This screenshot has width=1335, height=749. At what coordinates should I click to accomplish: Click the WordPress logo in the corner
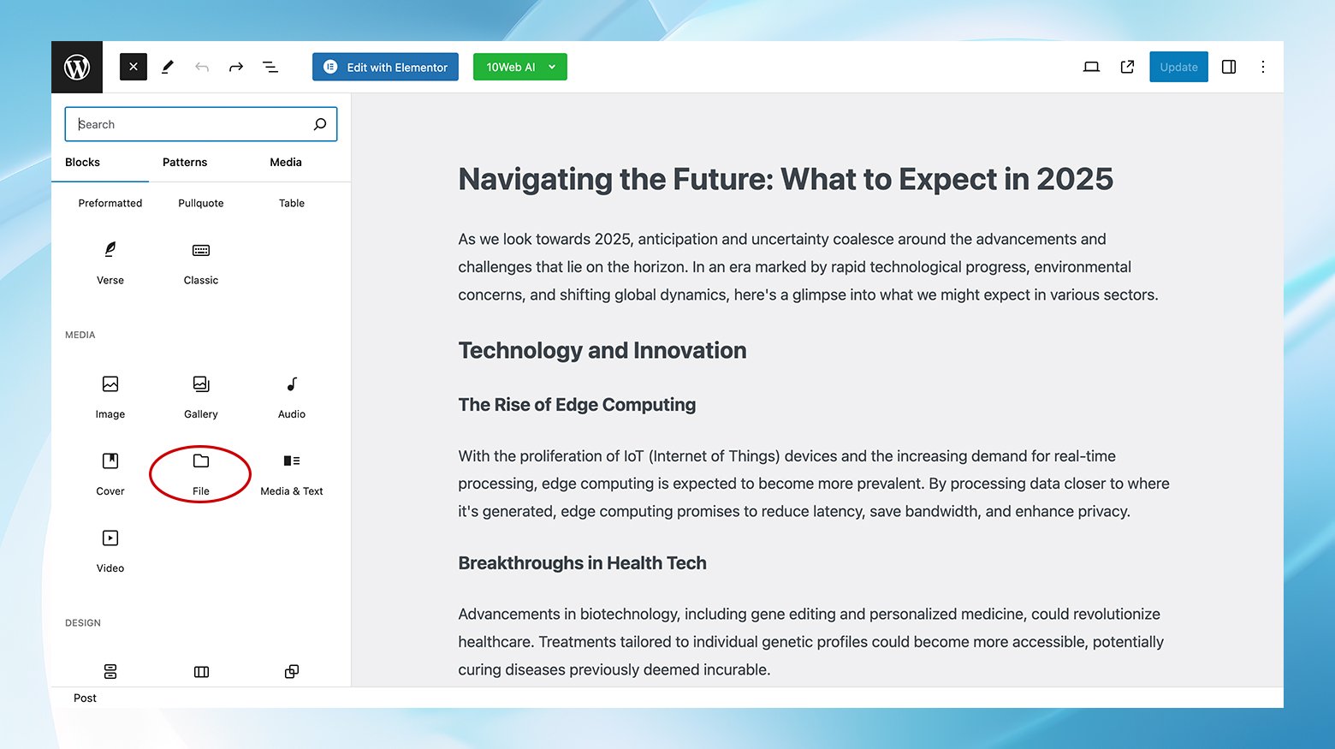(77, 67)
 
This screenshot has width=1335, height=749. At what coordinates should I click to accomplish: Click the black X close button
(133, 67)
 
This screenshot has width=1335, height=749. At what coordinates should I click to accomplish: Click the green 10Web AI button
(519, 67)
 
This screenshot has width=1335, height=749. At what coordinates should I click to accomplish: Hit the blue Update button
(1178, 67)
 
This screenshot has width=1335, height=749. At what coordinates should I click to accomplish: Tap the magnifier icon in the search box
(320, 124)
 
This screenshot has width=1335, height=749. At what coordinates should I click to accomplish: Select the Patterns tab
(185, 162)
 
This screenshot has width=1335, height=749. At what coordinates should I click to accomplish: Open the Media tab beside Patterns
(286, 162)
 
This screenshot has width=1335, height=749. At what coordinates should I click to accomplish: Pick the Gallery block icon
(201, 384)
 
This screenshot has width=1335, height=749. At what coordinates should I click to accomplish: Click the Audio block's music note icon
(292, 384)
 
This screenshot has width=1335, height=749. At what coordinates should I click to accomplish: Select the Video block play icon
(110, 538)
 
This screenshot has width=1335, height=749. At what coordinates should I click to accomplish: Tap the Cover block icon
(110, 461)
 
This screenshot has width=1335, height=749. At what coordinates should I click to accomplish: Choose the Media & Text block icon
(292, 461)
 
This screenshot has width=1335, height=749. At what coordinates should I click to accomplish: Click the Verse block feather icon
(110, 249)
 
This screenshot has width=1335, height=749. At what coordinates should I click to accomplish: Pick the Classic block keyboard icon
(201, 251)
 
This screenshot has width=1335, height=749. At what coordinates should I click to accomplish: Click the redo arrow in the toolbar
(236, 67)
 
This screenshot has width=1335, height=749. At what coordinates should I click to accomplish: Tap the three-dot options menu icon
(1263, 67)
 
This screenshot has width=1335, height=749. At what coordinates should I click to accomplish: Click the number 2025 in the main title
(1075, 179)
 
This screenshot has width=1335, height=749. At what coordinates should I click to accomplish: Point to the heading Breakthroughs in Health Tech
(582, 563)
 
